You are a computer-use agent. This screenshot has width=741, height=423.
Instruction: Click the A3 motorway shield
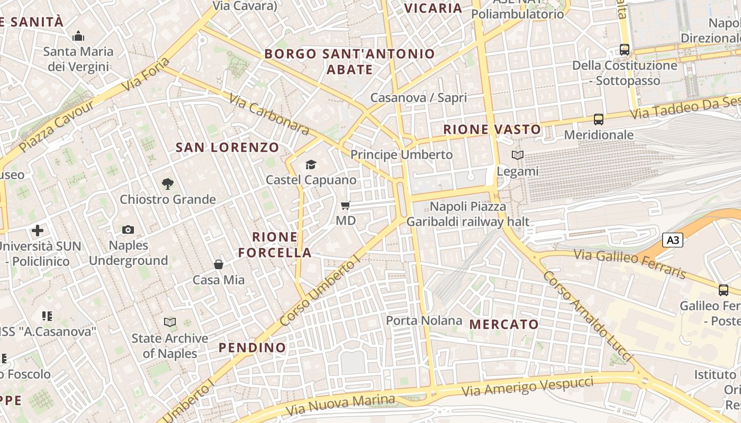pos(672,241)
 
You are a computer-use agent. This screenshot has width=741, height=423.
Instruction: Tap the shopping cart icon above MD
pos(345,205)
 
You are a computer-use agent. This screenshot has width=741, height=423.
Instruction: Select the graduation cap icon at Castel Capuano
pos(311,165)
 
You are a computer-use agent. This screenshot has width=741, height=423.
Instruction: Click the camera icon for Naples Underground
pos(128,229)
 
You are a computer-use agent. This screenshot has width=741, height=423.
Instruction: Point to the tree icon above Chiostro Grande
pos(167,184)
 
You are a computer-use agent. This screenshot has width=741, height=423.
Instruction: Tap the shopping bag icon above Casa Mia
pos(218,264)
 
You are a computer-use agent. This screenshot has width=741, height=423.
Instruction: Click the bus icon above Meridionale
pos(599,119)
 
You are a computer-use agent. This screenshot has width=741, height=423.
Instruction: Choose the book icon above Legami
pos(517,155)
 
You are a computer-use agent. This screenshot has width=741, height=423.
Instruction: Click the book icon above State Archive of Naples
pos(169,322)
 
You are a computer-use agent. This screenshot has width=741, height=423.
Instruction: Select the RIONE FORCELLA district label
pos(275,244)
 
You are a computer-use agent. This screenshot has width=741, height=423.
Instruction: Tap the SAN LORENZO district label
pos(227,148)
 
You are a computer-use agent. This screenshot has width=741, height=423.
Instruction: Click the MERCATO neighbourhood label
pos(504,324)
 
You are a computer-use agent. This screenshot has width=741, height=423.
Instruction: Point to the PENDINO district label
pos(252,347)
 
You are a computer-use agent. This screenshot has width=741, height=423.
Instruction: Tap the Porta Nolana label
pos(424,320)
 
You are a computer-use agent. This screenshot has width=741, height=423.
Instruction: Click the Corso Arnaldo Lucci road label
pos(588,317)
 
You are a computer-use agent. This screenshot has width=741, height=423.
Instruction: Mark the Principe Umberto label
pos(402,154)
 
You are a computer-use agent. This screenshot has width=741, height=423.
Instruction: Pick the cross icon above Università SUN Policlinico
pos(38,231)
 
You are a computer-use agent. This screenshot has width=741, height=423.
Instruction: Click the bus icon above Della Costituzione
pos(625,50)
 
